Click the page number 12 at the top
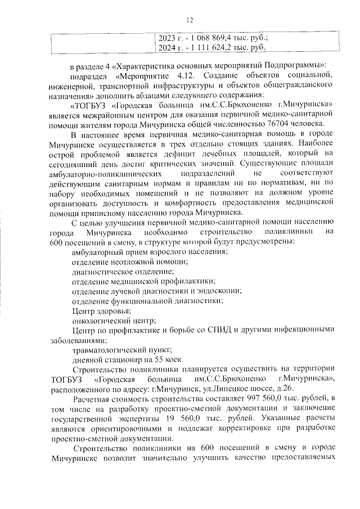(x=190, y=21)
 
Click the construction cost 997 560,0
(x=240, y=398)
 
